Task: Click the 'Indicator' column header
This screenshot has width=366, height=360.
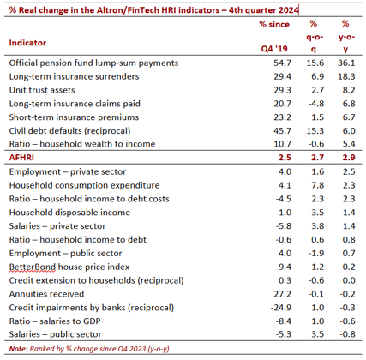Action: [27, 43]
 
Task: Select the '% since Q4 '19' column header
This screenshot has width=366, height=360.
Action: [274, 36]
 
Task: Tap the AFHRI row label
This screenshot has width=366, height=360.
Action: [21, 158]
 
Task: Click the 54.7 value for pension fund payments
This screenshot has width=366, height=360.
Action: [282, 63]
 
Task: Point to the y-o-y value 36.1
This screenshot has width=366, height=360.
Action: [346, 63]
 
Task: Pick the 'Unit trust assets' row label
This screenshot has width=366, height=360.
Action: [42, 90]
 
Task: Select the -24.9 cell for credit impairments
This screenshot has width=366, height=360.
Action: [281, 308]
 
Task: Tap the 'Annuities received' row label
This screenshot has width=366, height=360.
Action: [46, 294]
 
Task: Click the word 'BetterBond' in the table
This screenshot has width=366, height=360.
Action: [33, 267]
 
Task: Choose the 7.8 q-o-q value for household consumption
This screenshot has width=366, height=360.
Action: [317, 185]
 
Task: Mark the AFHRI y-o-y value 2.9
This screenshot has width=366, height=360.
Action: [349, 158]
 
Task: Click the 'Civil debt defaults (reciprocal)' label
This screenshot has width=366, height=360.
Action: [69, 131]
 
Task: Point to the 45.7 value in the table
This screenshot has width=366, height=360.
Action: [282, 131]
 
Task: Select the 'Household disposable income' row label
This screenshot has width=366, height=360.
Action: [69, 213]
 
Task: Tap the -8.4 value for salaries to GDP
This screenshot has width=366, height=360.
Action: [284, 321]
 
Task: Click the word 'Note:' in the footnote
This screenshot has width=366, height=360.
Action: [19, 349]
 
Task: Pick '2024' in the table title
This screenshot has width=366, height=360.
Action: [287, 10]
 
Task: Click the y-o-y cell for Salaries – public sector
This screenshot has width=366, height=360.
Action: [347, 334]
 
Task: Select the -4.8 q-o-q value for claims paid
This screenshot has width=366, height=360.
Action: [316, 104]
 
